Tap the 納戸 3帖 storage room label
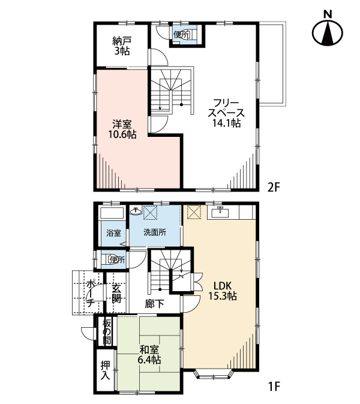pos(122,46)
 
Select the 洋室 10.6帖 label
pos(122,129)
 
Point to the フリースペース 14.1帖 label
pos(226,113)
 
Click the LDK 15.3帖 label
pos(223,291)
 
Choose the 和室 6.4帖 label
pos(149,355)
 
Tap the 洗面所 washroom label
pos(155,232)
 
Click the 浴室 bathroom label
pos(113,233)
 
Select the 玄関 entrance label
pos(116,293)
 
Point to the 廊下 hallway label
pos(155,304)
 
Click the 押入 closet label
pos(106,370)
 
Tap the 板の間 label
pos(107,332)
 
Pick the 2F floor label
pos(274,187)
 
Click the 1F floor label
pos(274,386)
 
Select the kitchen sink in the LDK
pos(220,213)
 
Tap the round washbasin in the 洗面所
pos(136,211)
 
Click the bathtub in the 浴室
pos(113,213)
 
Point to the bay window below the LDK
pos(215,375)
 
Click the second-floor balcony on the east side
pos(272,64)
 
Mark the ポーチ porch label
pos(90,294)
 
